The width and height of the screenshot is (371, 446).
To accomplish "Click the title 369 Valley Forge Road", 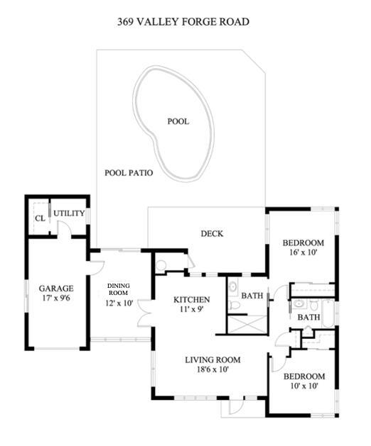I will click(183, 22).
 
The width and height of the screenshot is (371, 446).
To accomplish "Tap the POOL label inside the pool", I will click(178, 121).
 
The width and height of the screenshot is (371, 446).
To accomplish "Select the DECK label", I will click(212, 233).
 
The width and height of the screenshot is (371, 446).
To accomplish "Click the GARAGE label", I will click(56, 289).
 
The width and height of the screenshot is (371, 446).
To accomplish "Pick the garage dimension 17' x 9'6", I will click(56, 299).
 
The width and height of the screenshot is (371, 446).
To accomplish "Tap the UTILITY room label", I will click(70, 213).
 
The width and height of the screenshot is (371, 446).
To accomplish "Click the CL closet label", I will click(40, 218).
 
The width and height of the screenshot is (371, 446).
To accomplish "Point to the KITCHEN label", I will click(192, 299).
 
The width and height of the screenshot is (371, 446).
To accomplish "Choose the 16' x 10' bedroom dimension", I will click(303, 252).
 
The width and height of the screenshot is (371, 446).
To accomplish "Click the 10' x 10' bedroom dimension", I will click(303, 386).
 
